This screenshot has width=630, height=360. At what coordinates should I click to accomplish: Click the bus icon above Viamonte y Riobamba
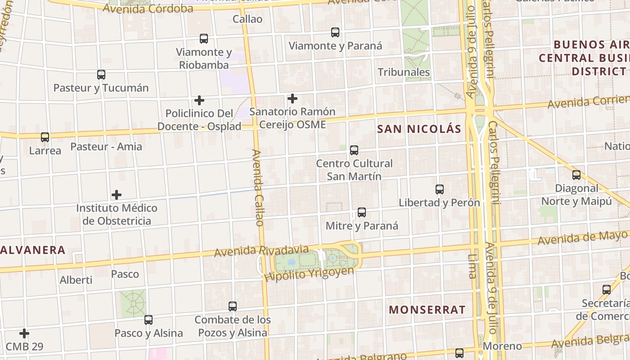pos(204,39)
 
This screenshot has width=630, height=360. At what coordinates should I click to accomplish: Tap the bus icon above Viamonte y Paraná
pos(335,32)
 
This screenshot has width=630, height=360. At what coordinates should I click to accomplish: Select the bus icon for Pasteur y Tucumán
pos(101,75)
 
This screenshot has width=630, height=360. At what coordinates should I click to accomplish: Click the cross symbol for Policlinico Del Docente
pos(199,100)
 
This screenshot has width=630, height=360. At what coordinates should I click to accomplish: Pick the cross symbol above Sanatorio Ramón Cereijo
pos(292,99)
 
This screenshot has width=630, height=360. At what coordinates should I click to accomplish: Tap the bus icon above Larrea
pos(45,137)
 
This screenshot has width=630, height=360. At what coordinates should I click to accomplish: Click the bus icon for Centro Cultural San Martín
pos(354,150)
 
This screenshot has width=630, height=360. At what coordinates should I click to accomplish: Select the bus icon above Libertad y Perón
pos(440,189)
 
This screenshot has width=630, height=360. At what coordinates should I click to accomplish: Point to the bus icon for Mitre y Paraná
pos(362,212)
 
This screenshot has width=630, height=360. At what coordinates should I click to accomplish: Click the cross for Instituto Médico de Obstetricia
pos(117,195)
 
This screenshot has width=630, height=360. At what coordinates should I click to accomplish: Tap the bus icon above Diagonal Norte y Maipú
pos(576,175)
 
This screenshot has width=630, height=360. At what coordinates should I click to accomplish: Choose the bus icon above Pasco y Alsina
pos(148,320)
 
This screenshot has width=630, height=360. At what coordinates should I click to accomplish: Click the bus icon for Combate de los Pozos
pos(233,306)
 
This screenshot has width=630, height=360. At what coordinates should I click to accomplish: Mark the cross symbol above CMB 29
pos(24,333)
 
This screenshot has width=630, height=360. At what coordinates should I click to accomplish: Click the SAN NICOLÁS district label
pos(419,129)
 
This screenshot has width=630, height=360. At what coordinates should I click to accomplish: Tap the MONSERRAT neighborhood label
pos(427,310)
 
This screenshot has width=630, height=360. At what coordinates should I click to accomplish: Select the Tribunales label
pos(404,72)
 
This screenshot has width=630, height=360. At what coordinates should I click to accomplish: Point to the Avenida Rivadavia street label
pos(261,251)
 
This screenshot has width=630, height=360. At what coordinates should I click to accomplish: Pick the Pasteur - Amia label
pos(106,146)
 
